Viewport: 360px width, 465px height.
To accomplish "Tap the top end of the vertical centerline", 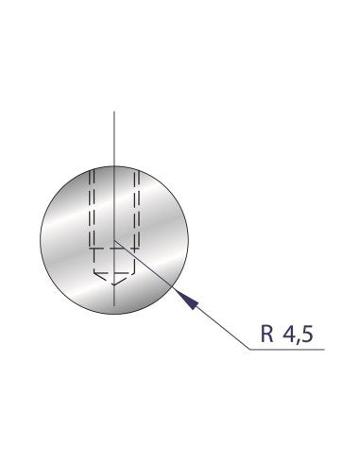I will (x=113, y=112).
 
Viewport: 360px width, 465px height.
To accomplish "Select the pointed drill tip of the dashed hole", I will (x=113, y=283).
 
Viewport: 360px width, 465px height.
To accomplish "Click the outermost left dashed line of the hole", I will (x=89, y=217).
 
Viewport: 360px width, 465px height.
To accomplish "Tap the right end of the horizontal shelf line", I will (x=326, y=350).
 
